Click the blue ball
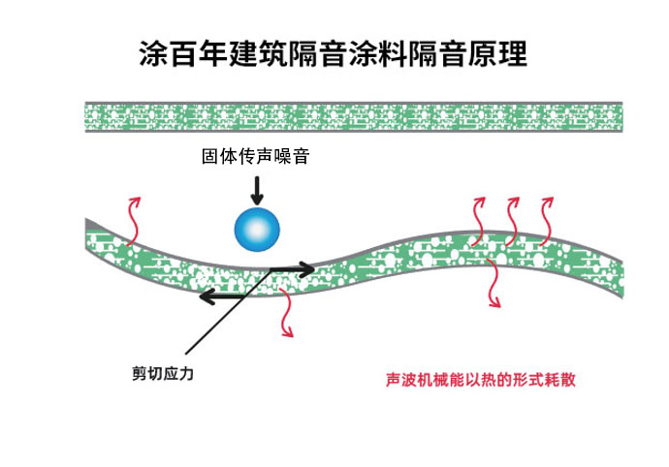(257, 230)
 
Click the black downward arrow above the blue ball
(257, 190)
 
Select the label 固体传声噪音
(255, 157)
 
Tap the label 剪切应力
(163, 374)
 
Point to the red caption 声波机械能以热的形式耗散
(480, 379)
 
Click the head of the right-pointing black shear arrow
(308, 269)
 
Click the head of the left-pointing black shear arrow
(207, 296)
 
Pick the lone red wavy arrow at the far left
(133, 220)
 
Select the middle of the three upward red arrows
(512, 221)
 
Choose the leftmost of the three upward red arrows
(479, 221)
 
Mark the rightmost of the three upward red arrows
(546, 221)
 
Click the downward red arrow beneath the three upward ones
(494, 282)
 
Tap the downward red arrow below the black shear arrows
(287, 313)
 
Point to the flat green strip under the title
(354, 117)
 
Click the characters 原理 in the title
(498, 53)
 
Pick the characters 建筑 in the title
(258, 53)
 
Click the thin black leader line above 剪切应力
(229, 311)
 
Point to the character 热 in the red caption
(488, 379)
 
